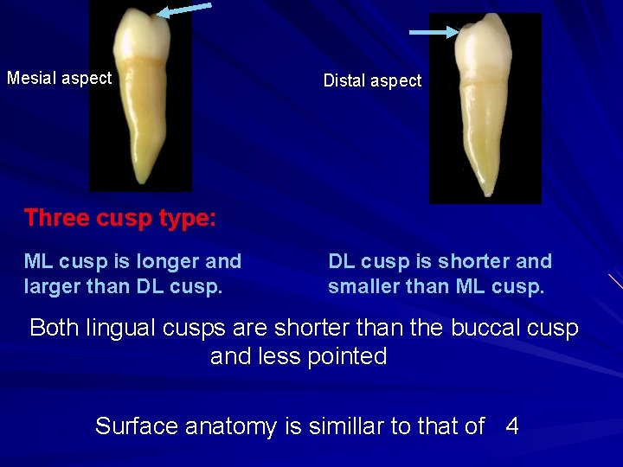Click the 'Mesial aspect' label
[x=60, y=78]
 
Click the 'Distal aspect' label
[x=372, y=80]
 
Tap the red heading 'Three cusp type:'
[x=120, y=218]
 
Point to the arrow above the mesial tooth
[x=184, y=10]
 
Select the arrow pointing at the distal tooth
[x=434, y=33]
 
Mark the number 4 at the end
[x=512, y=426]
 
